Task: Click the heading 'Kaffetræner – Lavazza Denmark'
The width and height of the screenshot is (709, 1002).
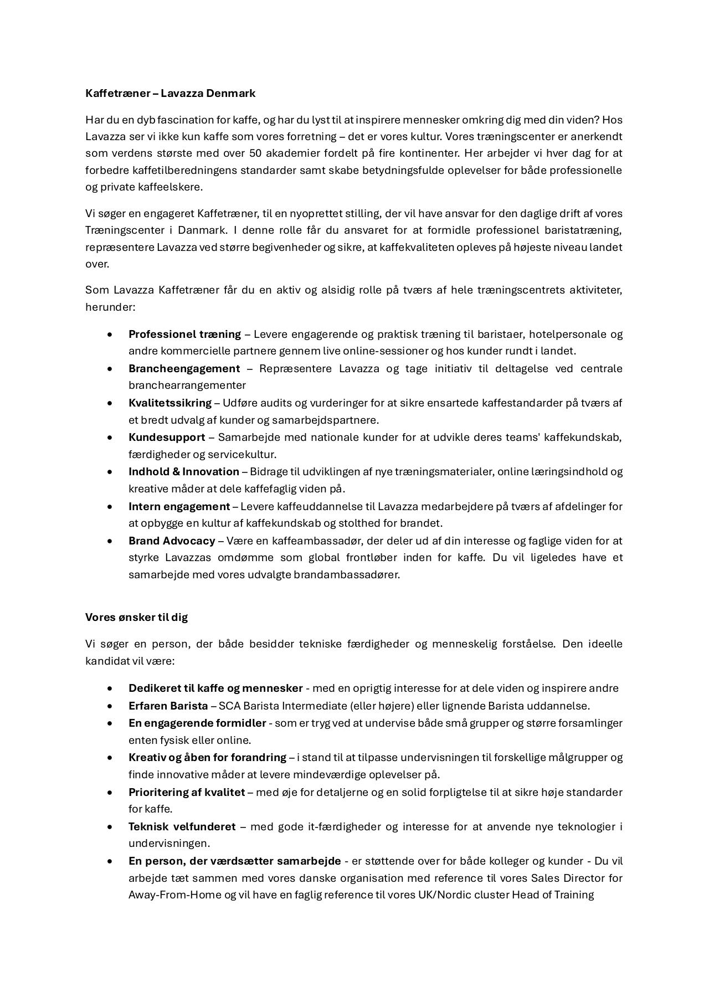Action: point(170,93)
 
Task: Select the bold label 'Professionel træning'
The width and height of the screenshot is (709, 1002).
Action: point(184,334)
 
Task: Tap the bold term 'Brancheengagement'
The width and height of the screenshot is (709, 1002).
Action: point(184,368)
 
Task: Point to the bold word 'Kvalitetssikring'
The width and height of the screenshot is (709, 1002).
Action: point(169,403)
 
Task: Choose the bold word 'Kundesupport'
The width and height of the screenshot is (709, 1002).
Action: point(167,437)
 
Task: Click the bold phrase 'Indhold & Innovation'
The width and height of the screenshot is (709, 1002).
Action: point(183,471)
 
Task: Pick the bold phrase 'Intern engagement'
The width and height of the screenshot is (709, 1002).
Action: point(179,506)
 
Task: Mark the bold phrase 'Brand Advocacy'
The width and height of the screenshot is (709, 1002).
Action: point(172,541)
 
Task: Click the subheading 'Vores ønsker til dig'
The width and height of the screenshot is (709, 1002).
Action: point(136,617)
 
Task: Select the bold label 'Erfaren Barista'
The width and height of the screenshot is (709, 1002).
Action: point(168,706)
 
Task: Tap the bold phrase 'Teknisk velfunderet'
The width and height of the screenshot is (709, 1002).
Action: point(182,826)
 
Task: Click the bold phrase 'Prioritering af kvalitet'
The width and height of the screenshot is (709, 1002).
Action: point(186,792)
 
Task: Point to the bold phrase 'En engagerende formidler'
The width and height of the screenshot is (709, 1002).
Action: point(197,723)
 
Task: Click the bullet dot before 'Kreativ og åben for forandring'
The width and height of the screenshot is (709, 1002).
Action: point(110,758)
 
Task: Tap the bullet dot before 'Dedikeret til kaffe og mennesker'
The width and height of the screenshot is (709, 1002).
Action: point(110,688)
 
